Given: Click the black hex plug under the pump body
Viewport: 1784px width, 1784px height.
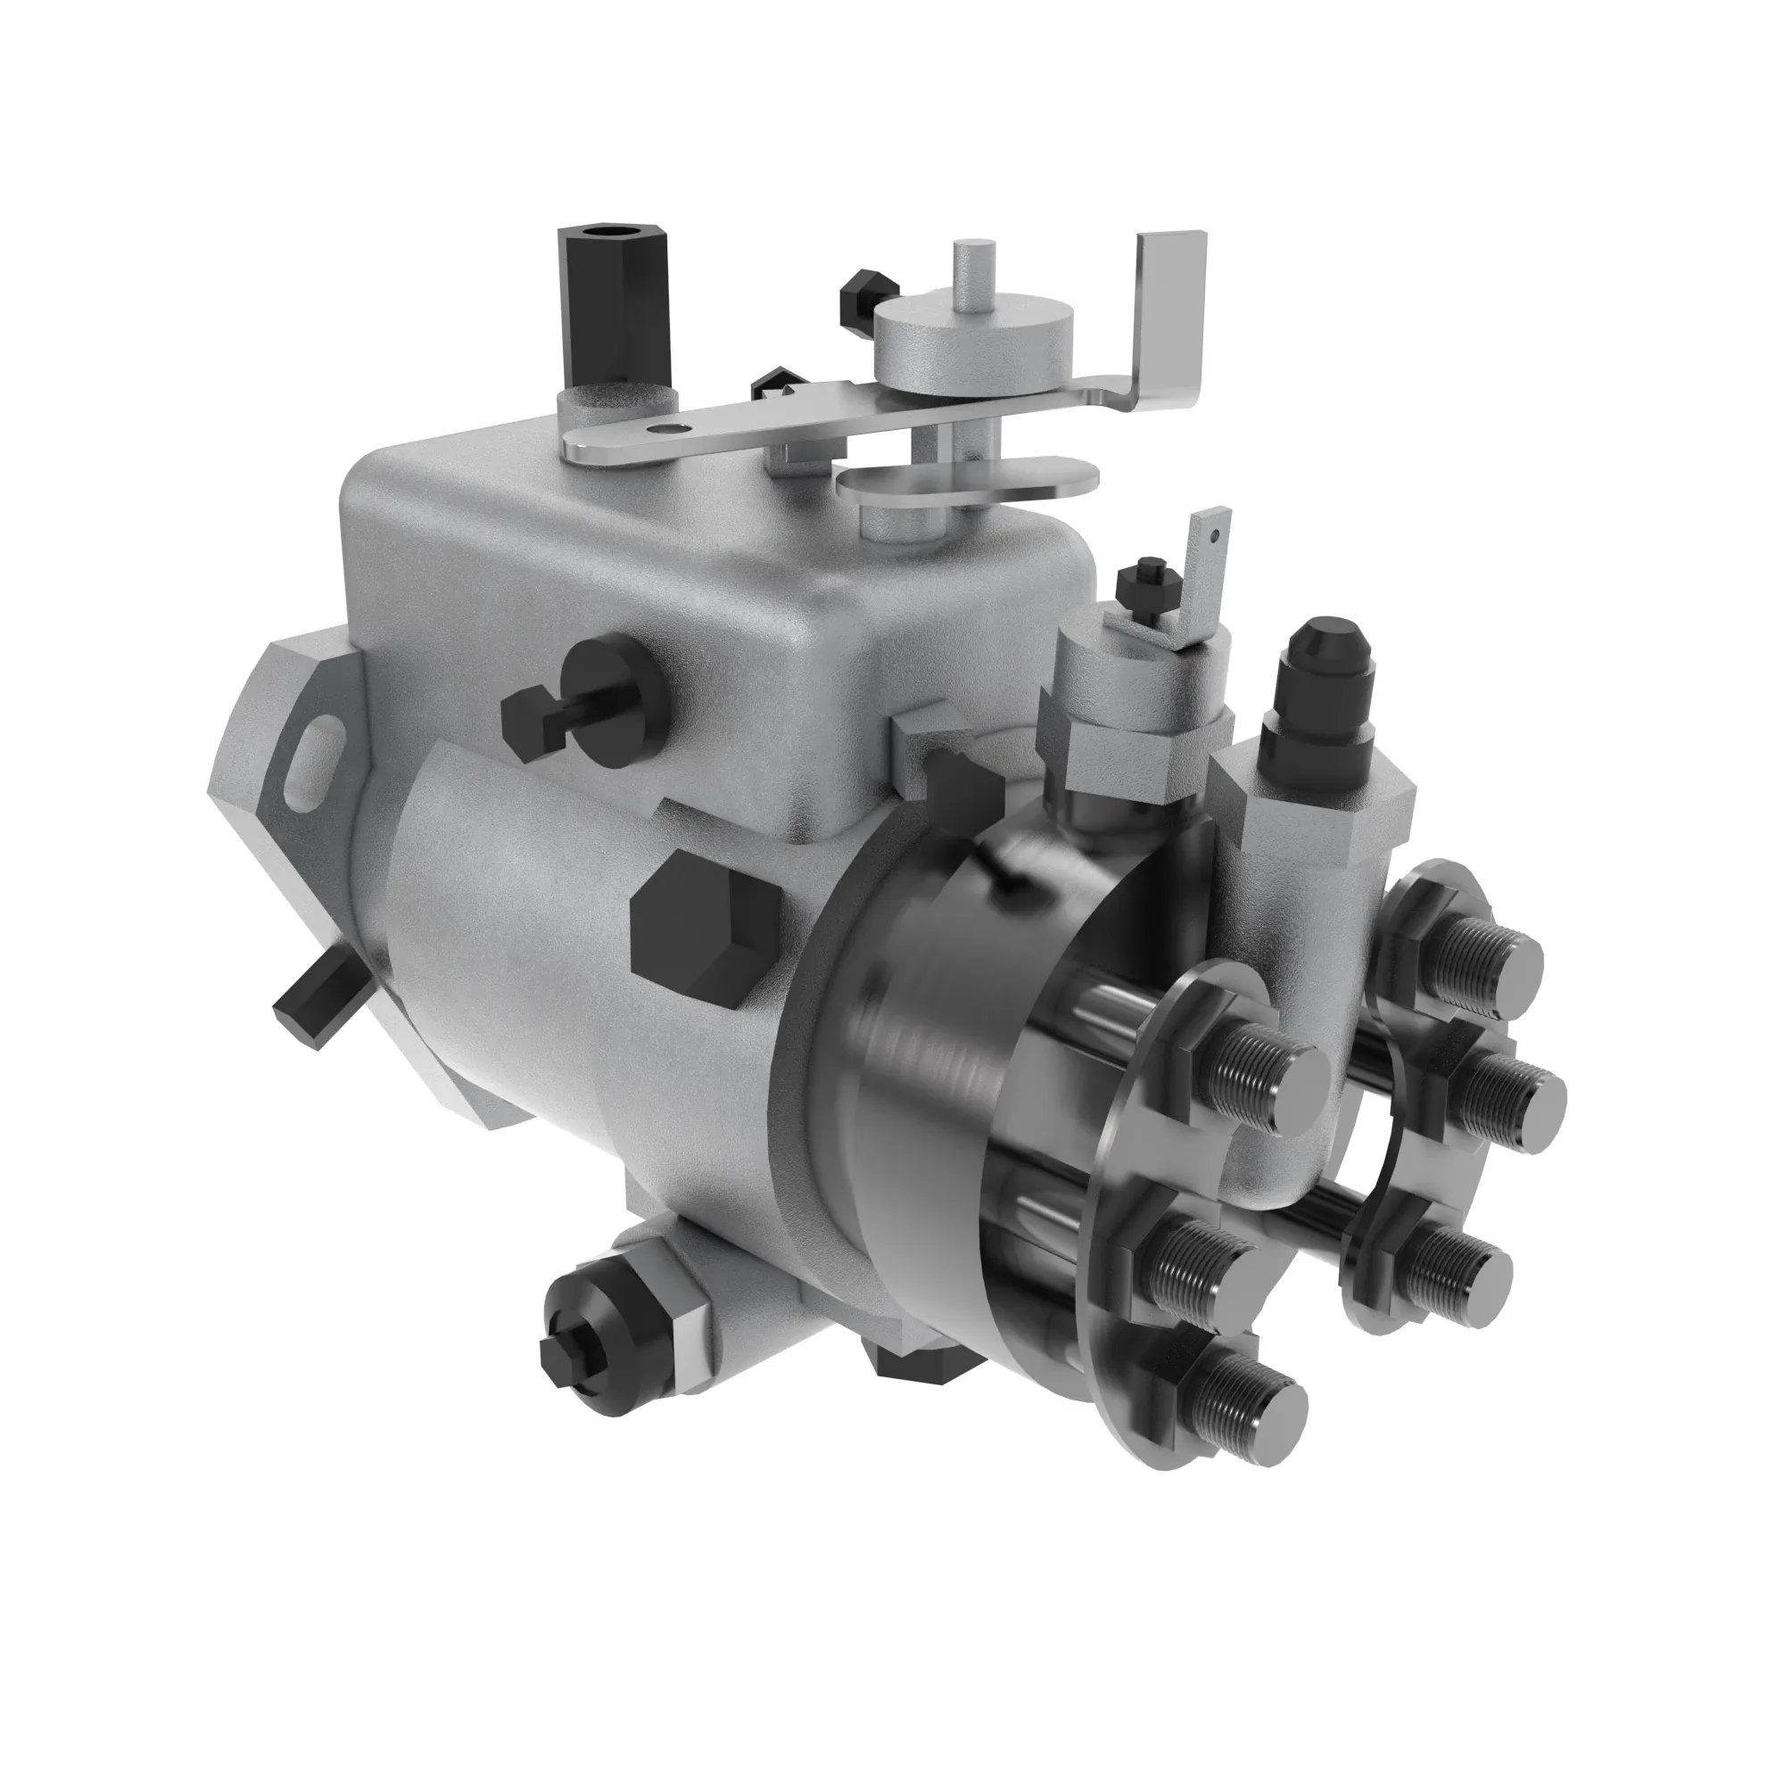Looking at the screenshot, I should tap(914, 1384).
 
